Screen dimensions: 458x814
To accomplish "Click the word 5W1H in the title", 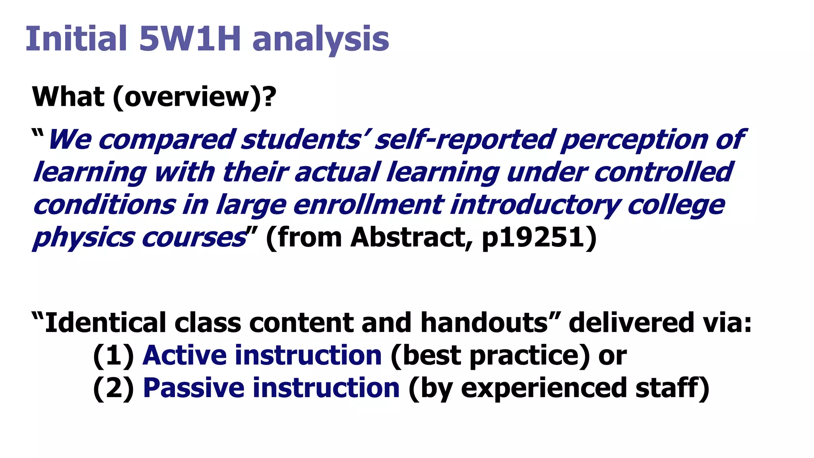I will (190, 39).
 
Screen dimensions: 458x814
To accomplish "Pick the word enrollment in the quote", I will (368, 205).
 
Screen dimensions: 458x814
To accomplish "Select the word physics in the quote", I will (83, 237).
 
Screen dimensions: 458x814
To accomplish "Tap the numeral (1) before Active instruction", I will (114, 355).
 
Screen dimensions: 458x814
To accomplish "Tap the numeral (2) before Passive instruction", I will (114, 388).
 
